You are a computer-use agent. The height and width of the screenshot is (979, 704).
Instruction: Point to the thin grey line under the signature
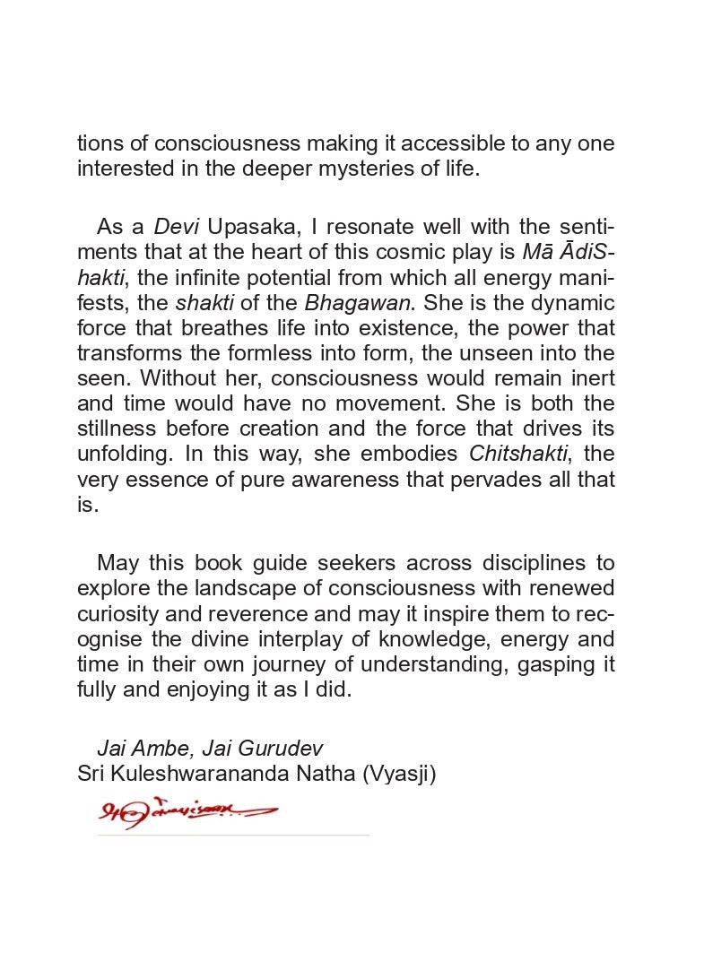(x=232, y=835)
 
